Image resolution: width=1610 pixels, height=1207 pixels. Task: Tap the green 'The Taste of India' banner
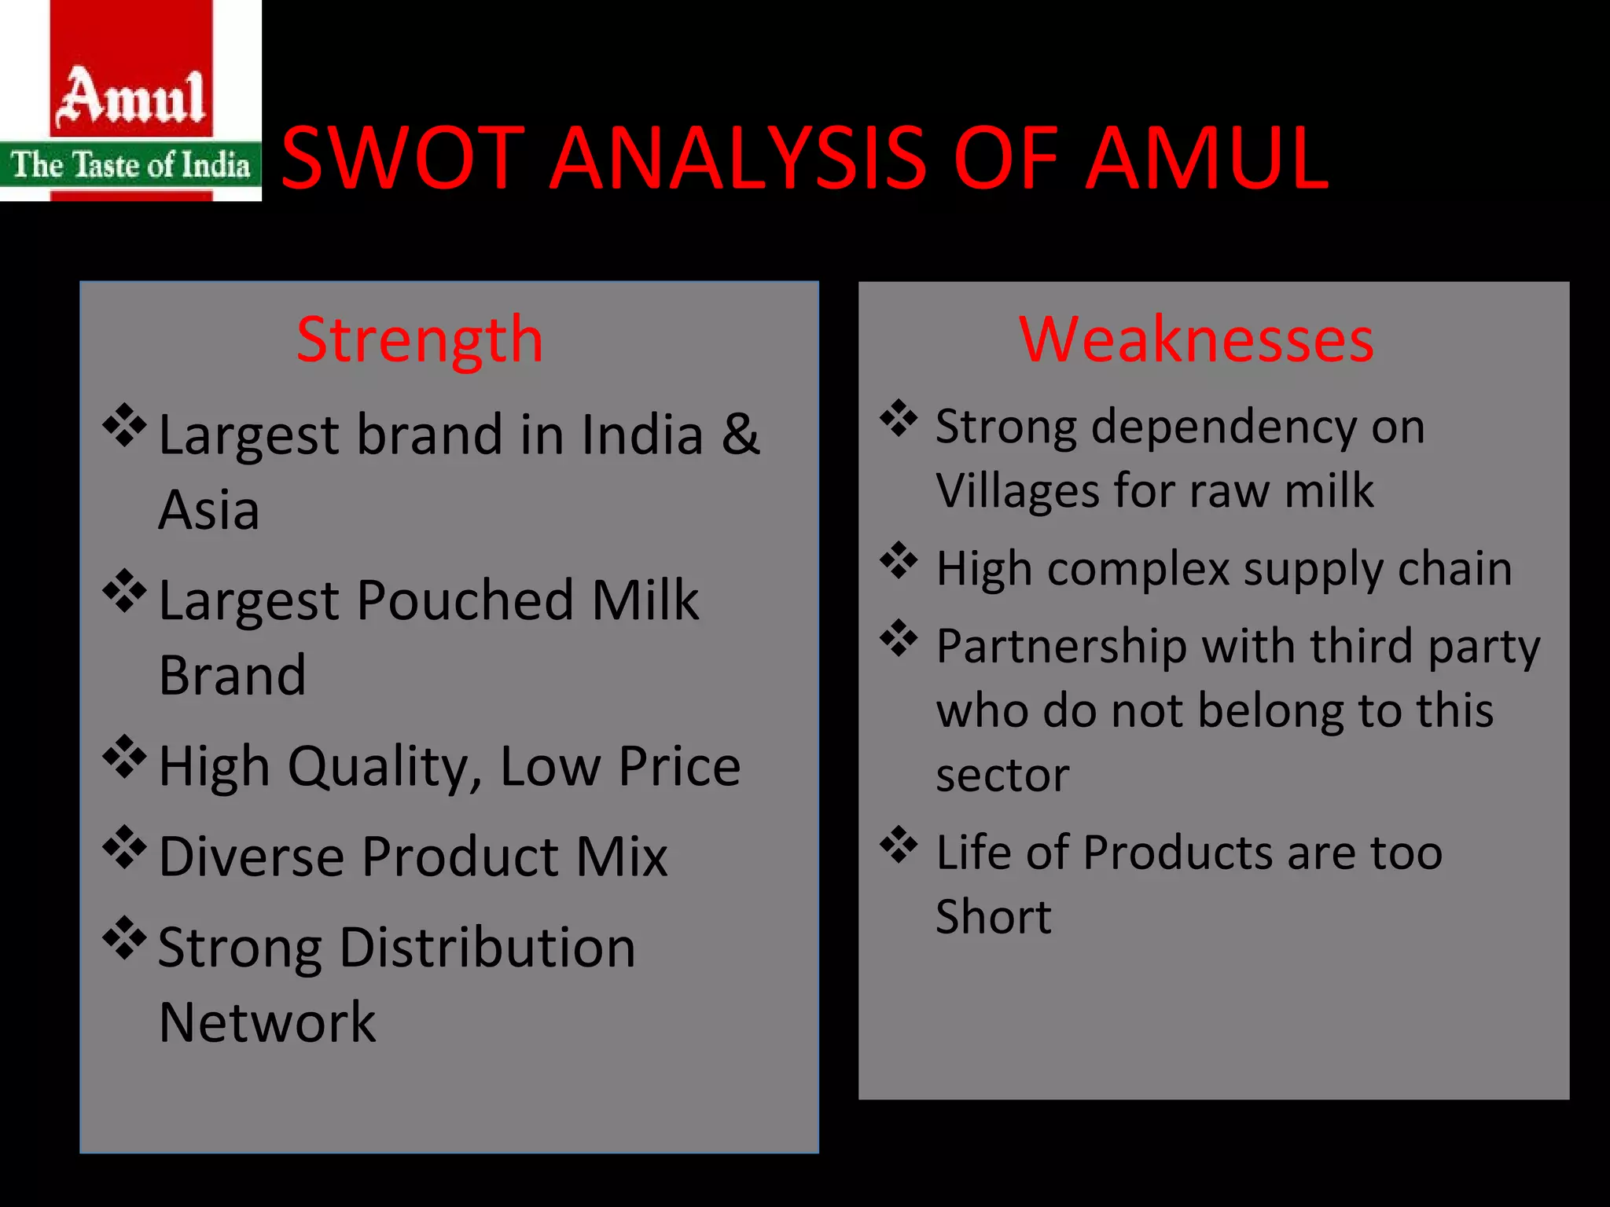coord(130,165)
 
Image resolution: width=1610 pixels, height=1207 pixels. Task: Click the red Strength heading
coord(420,339)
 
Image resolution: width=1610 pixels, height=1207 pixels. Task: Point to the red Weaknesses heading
coord(1196,339)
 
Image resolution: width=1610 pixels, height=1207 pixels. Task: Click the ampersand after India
coord(741,434)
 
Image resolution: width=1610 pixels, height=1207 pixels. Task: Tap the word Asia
coord(208,510)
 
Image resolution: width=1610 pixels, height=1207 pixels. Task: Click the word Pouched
coord(465,600)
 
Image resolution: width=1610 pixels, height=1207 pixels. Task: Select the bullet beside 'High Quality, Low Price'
coord(125,757)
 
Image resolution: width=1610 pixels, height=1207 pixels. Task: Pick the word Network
coord(267,1022)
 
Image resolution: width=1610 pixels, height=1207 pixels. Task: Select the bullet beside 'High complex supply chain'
coord(899,561)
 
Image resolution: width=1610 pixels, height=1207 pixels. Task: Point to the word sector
coord(1002,776)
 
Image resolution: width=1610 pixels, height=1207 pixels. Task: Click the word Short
coord(993,916)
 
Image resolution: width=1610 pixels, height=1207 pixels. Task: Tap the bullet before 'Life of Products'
coord(899,845)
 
